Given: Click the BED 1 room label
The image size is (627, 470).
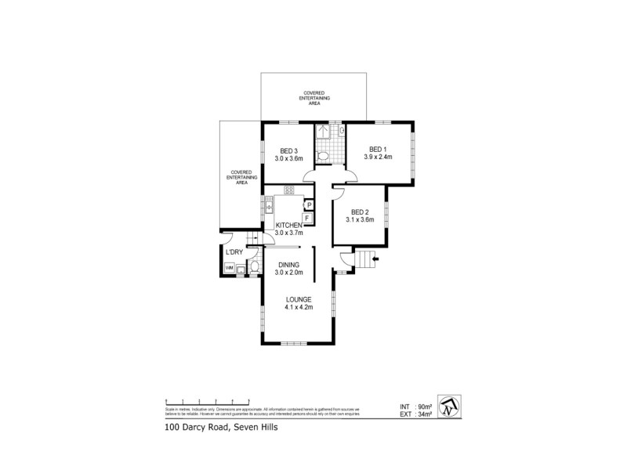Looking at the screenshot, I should (x=377, y=150).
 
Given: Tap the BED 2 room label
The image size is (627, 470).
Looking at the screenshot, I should (x=360, y=211).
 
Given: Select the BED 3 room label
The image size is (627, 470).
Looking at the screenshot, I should (x=288, y=151).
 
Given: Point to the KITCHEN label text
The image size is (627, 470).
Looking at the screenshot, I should (x=288, y=226).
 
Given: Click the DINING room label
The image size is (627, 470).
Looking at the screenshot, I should (x=288, y=266).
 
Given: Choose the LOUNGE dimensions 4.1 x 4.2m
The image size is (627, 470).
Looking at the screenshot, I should (x=299, y=307).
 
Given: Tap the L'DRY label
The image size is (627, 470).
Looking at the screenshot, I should (x=234, y=252).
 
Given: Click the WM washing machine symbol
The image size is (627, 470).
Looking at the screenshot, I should (x=230, y=269).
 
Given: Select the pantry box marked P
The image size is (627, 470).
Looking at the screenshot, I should (x=310, y=204).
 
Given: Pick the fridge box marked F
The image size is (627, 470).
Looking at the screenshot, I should (x=310, y=218).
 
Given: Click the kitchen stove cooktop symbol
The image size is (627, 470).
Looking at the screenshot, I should (x=288, y=190).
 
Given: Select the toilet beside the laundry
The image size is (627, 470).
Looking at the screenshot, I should (x=255, y=268).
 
